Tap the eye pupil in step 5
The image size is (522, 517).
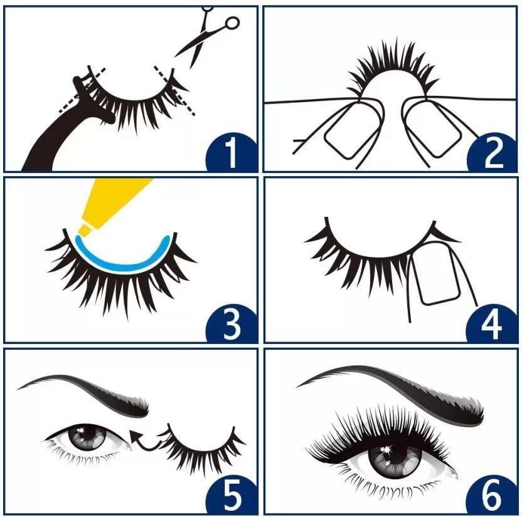pyautogui.click(x=82, y=435)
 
